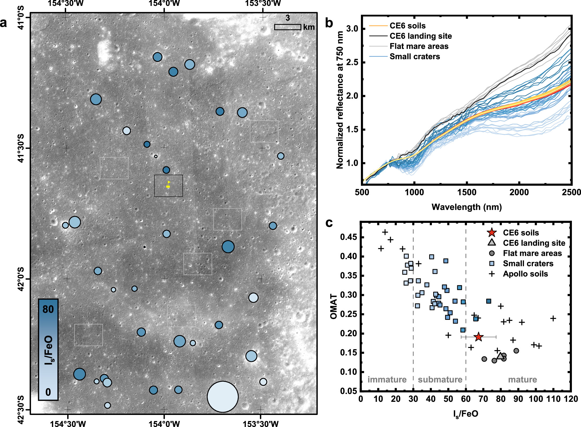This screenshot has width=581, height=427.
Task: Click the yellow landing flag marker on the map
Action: (168, 184)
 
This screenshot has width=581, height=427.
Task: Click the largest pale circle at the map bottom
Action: (222, 396)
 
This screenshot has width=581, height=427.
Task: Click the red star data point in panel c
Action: (478, 337)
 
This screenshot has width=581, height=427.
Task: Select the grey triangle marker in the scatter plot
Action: (500, 356)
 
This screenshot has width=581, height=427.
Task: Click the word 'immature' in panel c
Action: (387, 380)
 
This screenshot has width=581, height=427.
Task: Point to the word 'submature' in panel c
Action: (440, 380)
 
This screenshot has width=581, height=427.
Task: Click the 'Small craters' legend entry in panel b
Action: (414, 57)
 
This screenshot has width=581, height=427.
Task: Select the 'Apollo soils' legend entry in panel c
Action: (525, 274)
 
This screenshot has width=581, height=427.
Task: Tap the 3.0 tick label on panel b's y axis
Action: (352, 29)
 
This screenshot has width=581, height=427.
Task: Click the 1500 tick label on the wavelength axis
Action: (467, 192)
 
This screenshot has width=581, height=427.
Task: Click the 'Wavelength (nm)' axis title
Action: (467, 207)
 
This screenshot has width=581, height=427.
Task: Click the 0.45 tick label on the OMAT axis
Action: (348, 237)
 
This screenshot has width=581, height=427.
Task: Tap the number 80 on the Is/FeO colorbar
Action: (48, 309)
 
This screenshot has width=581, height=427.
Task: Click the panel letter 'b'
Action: (329, 23)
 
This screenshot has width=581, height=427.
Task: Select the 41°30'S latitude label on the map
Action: (21, 148)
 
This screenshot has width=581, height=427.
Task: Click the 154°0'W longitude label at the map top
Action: (164, 3)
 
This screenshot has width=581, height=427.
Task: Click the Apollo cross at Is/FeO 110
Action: (553, 319)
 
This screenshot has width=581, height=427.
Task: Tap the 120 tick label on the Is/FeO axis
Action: (571, 399)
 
